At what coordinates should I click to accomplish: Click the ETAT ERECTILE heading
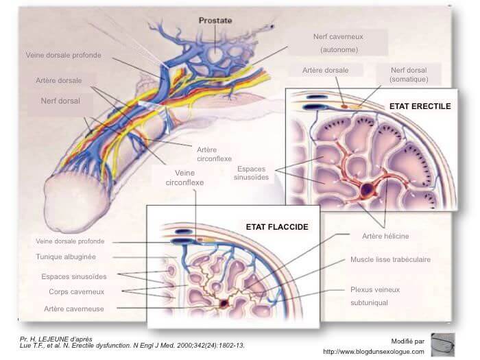pyautogui.click(x=420, y=106)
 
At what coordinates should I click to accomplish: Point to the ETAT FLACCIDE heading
pyautogui.click(x=277, y=226)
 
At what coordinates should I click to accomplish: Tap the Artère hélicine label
pyautogui.click(x=385, y=236)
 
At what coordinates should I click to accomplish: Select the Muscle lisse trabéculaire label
pyautogui.click(x=390, y=260)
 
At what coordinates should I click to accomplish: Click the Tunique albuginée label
pyautogui.click(x=66, y=257)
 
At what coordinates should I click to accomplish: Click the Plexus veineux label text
pyautogui.click(x=375, y=290)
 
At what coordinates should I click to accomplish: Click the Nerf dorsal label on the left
pyautogui.click(x=58, y=101)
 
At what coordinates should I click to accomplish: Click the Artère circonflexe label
pyautogui.click(x=209, y=154)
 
